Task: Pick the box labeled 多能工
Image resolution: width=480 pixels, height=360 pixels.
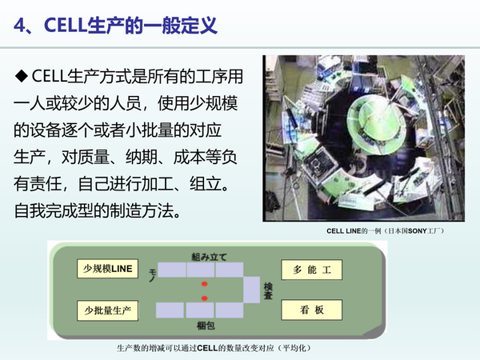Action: (312, 270)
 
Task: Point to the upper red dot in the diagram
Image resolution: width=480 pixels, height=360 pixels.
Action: (205, 284)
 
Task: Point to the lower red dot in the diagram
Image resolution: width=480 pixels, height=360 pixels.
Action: (205, 298)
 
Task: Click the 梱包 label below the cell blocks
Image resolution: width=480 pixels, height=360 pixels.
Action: (206, 326)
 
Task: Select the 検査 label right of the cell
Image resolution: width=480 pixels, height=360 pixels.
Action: (268, 290)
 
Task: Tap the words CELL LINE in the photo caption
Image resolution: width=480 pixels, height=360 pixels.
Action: (346, 230)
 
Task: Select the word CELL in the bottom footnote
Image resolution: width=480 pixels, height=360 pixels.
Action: (209, 349)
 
